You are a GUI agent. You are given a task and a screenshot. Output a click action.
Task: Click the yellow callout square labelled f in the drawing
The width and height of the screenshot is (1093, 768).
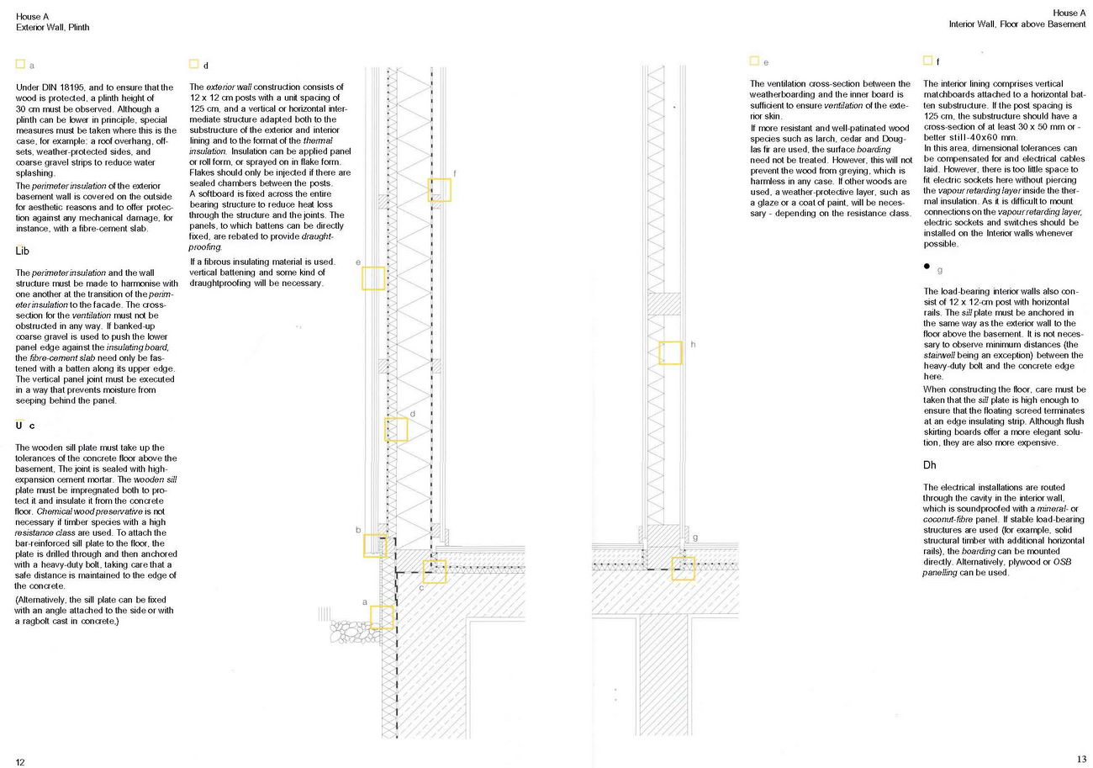[x=440, y=190]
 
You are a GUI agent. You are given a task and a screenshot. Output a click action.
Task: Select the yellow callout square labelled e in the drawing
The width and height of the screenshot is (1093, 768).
[x=373, y=278]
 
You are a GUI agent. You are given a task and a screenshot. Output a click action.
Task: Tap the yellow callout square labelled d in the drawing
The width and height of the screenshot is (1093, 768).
[x=397, y=430]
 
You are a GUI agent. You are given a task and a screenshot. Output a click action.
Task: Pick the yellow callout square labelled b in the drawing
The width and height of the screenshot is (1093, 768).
[x=375, y=545]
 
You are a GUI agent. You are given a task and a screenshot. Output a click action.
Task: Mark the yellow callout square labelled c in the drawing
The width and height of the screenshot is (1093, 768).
[x=435, y=572]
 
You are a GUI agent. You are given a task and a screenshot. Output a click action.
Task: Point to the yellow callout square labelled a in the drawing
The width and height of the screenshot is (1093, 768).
[x=382, y=617]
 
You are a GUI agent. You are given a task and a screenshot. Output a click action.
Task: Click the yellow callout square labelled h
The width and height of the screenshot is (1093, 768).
[x=670, y=352]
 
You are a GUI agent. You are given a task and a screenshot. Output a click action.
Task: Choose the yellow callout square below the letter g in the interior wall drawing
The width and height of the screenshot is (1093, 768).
[x=684, y=569]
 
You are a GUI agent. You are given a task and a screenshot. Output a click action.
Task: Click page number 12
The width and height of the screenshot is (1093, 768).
[x=20, y=762]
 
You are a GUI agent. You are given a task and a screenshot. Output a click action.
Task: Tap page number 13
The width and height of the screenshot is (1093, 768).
[x=1081, y=760]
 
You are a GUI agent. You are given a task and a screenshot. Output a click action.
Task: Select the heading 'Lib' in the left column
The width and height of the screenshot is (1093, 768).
[x=24, y=251]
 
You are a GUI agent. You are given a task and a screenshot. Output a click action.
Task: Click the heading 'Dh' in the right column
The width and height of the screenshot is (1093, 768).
[x=930, y=465]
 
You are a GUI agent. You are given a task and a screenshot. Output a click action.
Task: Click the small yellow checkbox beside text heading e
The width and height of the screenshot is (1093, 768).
[x=754, y=61]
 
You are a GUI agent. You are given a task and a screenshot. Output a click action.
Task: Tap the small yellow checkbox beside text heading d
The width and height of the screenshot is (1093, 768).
[x=193, y=64]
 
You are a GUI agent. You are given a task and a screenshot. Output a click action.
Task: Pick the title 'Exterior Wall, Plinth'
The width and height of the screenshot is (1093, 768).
[x=52, y=27]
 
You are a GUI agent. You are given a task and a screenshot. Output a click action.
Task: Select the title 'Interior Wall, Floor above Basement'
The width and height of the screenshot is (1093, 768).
[x=1017, y=24]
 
